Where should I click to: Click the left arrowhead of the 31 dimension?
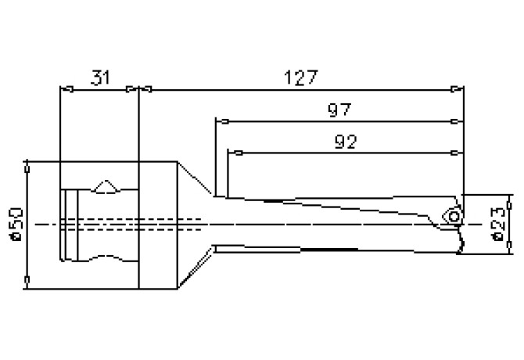(x=66, y=89)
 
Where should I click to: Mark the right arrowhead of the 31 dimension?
(x=131, y=89)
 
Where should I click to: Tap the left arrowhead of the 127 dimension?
(x=145, y=89)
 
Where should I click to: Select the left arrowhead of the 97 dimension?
(x=222, y=121)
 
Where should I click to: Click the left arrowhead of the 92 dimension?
(x=234, y=151)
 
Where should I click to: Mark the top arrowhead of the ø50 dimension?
(x=27, y=167)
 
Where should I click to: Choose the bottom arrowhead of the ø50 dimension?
(x=27, y=282)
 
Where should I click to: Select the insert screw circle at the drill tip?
(x=453, y=215)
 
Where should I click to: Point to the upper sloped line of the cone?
(x=195, y=178)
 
